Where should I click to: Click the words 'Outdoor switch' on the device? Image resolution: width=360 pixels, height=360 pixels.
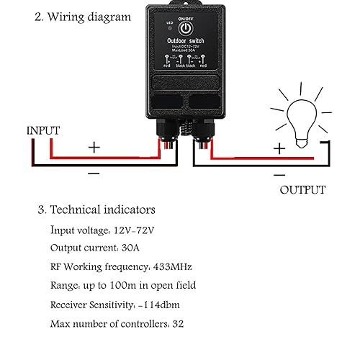[x=185, y=42]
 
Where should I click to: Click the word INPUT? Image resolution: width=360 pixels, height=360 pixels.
[x=43, y=130]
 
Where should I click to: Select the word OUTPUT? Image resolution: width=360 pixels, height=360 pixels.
[x=302, y=190]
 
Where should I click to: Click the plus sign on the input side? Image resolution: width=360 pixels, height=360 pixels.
[x=94, y=147]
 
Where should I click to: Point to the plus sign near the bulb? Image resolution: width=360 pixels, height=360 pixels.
[x=279, y=148]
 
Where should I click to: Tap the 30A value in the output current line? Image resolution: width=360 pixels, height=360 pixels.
[x=132, y=248]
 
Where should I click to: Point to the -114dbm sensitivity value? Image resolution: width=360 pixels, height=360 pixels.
[x=161, y=305]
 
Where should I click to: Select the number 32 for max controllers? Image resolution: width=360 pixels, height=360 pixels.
[x=179, y=323]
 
